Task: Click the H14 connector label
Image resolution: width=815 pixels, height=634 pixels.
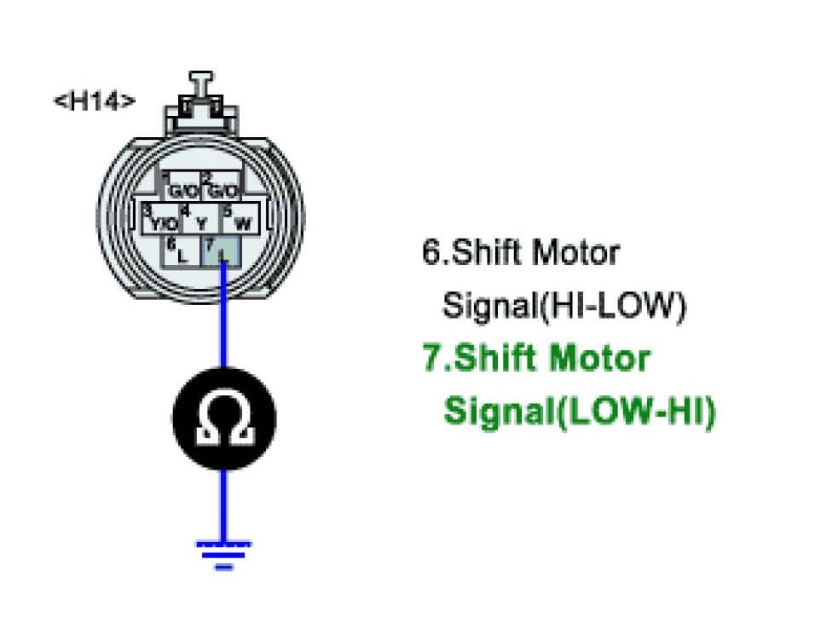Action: (x=94, y=101)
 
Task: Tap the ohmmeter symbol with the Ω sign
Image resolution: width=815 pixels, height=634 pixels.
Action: (x=223, y=418)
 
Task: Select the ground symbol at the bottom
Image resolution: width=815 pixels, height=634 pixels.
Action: (x=223, y=552)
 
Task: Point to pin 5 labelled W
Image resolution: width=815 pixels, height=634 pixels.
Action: (x=241, y=221)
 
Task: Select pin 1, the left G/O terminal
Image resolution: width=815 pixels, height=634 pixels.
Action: (x=182, y=188)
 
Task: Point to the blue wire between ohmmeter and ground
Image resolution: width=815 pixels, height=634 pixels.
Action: (x=223, y=503)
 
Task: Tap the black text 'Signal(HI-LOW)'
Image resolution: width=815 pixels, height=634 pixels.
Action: (x=564, y=305)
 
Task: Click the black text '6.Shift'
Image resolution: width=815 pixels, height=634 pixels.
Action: (x=474, y=252)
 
